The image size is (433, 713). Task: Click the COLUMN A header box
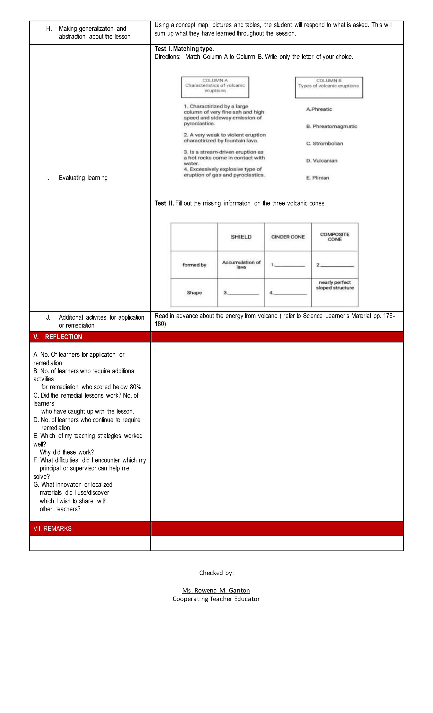215,87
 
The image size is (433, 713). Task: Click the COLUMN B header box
329,87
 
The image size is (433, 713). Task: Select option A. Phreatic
319,109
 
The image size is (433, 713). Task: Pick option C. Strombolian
325,144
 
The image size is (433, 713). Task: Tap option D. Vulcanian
322,161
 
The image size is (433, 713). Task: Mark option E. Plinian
318,178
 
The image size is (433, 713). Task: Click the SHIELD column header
241,237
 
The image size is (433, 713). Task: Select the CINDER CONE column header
288,237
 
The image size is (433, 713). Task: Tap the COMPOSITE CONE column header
335,237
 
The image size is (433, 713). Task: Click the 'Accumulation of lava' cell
241,264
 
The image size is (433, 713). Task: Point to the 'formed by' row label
194,265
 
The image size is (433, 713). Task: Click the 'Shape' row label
194,293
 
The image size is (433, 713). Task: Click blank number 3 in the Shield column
241,293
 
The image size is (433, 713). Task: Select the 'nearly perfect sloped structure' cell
335,285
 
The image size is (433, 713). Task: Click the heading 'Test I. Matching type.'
184,49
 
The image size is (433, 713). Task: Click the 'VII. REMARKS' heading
52,529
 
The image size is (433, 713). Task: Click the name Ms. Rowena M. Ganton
216,590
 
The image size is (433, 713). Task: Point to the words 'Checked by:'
216,573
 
